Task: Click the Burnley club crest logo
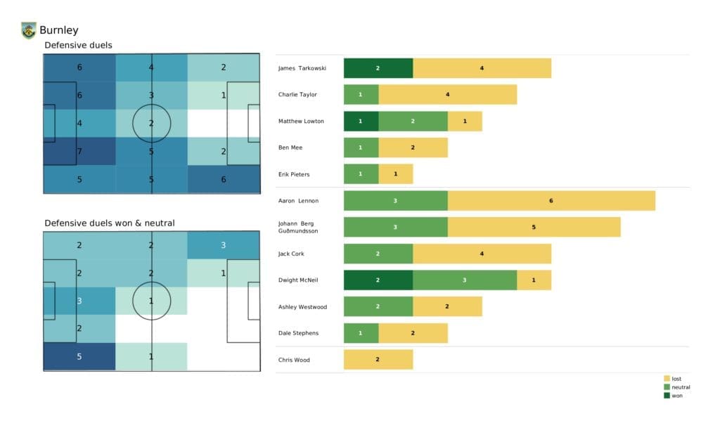coord(28,30)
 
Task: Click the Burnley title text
coord(59,30)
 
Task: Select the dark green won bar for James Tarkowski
coord(378,68)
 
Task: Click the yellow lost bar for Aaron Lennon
coord(551,200)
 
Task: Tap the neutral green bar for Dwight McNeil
coord(465,280)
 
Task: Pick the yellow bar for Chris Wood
coord(378,359)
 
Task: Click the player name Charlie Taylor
coord(297,95)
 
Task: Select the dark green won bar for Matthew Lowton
coord(361,121)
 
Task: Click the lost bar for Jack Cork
coord(482,253)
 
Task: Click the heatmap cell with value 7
coord(79,151)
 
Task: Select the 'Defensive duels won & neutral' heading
coord(110,223)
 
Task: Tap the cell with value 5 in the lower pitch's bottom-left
coord(79,356)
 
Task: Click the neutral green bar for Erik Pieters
coord(361,174)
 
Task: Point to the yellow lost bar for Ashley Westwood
coord(447,306)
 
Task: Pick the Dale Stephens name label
coord(299,333)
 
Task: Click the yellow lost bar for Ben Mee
coord(413,148)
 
